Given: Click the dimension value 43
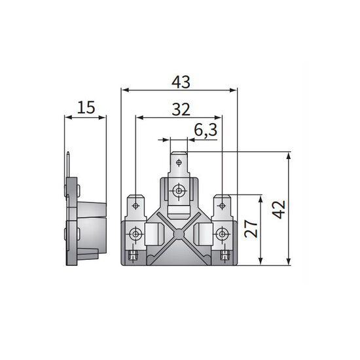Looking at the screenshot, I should tap(180, 82).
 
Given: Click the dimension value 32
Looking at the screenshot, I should tap(180, 109).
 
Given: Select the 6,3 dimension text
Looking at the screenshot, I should tap(206, 130).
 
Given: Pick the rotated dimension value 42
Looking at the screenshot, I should tap(279, 209).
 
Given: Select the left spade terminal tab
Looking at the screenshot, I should tap(136, 207).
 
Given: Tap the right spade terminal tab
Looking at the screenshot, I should tap(223, 207).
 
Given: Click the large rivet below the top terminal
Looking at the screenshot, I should tap(178, 190).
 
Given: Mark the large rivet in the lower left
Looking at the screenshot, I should tap(135, 234).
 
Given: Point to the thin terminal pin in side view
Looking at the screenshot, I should tap(69, 164).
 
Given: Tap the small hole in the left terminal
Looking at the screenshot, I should tap(135, 200).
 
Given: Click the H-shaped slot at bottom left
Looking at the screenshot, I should tap(134, 255).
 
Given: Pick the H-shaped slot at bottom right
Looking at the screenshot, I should tap(225, 255).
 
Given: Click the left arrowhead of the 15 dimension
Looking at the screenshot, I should tap(67, 118).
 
